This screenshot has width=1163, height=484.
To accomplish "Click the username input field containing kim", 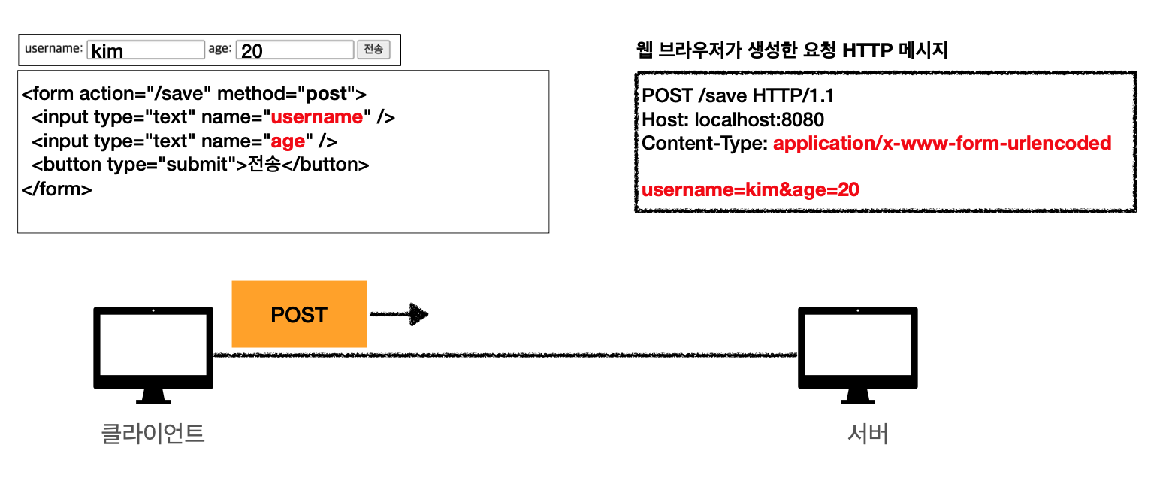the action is [x=146, y=50].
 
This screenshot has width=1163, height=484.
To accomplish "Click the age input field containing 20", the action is [x=295, y=50].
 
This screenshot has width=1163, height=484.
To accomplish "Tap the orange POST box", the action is [x=299, y=314].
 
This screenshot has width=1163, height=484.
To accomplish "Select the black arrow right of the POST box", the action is [x=399, y=314].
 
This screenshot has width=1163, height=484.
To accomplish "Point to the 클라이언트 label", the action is [x=153, y=434].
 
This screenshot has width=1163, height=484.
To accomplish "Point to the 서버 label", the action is [x=868, y=434].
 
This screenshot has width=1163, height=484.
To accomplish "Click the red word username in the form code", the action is [x=316, y=117].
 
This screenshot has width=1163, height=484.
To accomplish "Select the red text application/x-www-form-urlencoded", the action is [x=942, y=143].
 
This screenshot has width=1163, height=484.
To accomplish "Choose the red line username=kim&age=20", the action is [x=751, y=189].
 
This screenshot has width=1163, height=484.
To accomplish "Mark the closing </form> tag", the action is [x=57, y=189].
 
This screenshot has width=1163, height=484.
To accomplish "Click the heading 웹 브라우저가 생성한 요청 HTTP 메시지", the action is [x=792, y=51].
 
